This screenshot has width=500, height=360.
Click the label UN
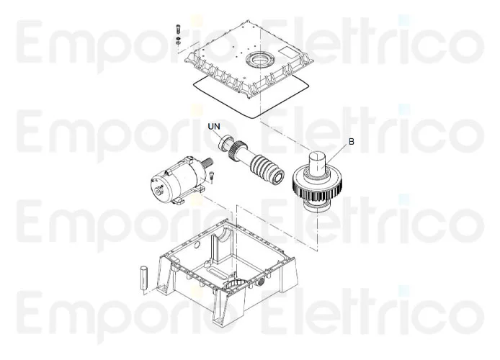pos(213,126)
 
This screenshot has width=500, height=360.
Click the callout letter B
pos(351,142)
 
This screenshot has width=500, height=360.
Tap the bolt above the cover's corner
pos(177,30)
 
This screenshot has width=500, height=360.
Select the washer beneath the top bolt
pos(177,41)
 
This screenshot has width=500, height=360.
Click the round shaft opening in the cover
pos(257,59)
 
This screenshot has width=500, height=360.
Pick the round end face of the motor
pos(157,189)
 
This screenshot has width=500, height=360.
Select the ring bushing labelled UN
pos(224,141)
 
